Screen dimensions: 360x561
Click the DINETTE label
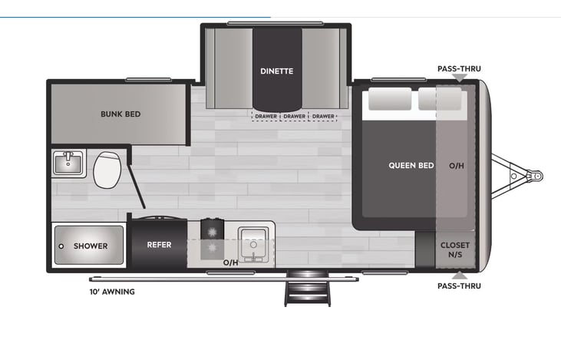pos(276,71)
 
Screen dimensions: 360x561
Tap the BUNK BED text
pos(120,114)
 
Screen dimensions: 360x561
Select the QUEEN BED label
pos(411,165)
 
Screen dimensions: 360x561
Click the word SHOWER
pos(91,246)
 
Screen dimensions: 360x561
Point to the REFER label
pos(159,246)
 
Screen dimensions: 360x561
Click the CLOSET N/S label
pos(455,249)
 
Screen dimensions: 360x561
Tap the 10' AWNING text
pos(111,292)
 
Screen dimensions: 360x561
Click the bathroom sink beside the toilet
pos(69,163)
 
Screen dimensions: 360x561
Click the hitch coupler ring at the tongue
pos(536,176)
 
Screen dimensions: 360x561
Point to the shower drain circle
pos(61,246)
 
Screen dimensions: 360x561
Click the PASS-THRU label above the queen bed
pos(459,69)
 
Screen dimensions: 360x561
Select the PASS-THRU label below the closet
pos(459,286)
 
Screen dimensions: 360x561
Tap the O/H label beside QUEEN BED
pos(456,165)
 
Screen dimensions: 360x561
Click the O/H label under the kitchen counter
pos(230,263)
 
